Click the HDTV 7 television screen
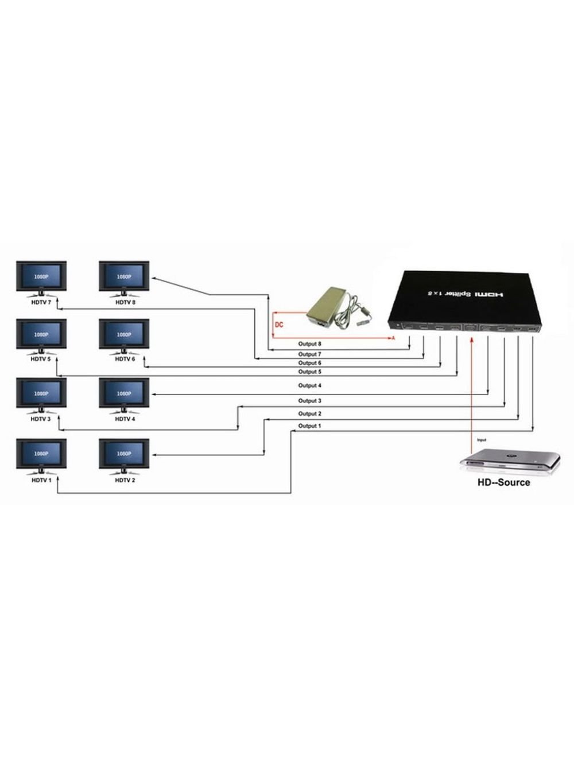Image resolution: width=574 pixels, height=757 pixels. [41, 276]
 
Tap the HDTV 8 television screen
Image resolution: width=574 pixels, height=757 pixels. [124, 276]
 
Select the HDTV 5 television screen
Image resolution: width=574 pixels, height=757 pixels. [41, 334]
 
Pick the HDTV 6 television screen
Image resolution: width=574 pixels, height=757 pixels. [124, 334]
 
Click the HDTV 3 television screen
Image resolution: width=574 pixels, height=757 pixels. [41, 393]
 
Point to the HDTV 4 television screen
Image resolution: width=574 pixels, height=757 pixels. [124, 393]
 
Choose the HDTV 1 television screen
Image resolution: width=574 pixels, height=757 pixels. [41, 454]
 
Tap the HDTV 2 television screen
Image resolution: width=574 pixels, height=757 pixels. [124, 454]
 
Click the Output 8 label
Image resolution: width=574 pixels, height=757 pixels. [309, 344]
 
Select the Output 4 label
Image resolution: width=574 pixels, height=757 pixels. [309, 386]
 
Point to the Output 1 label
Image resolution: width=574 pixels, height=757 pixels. [309, 426]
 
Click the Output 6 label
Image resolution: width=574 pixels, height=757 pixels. [309, 363]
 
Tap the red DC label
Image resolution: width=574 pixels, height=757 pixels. [279, 325]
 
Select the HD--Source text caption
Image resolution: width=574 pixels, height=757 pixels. [504, 482]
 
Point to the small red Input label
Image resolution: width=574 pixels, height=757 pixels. [482, 440]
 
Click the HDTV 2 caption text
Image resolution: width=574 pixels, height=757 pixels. [124, 480]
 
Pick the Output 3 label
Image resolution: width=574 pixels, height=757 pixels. [309, 401]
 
